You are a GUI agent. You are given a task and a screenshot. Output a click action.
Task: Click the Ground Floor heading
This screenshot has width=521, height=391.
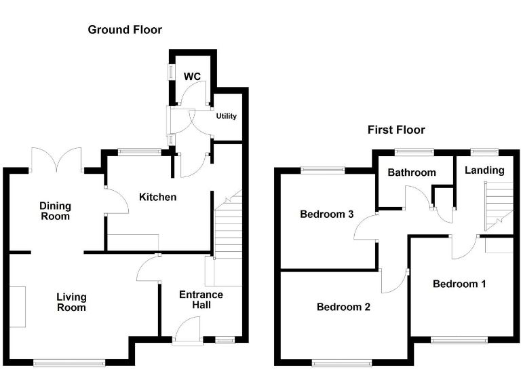[x=125, y=30]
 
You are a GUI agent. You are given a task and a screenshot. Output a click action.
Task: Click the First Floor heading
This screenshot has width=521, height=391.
[x=396, y=130]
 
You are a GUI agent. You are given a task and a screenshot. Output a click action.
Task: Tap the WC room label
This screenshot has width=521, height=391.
[x=192, y=77]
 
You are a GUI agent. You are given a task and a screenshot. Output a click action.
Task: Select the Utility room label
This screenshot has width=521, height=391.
[x=227, y=116]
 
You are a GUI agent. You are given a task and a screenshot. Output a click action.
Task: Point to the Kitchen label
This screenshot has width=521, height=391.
[x=157, y=198]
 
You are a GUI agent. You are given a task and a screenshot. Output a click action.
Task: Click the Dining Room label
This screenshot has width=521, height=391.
[x=55, y=211]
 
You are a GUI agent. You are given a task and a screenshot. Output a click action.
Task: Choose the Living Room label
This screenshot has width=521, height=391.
[x=71, y=302]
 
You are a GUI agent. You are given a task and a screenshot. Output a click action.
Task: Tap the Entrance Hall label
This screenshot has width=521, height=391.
[x=201, y=299]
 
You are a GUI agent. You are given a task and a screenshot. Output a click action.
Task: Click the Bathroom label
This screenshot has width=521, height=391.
[x=411, y=172]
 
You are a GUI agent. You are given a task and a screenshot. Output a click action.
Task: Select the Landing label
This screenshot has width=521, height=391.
[x=484, y=170]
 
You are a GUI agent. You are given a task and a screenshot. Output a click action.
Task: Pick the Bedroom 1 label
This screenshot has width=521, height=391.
[x=459, y=284]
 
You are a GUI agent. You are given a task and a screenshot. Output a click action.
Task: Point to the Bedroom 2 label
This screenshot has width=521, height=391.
[x=343, y=307]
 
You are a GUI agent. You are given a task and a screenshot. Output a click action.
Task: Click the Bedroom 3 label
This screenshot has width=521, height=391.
[x=327, y=215]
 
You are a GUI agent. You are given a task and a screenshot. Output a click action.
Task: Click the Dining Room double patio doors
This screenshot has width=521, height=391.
[x=58, y=160]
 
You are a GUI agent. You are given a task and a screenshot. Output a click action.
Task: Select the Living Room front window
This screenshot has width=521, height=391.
[x=70, y=363]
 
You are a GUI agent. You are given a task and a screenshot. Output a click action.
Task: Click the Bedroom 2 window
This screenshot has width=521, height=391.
[x=341, y=362]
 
